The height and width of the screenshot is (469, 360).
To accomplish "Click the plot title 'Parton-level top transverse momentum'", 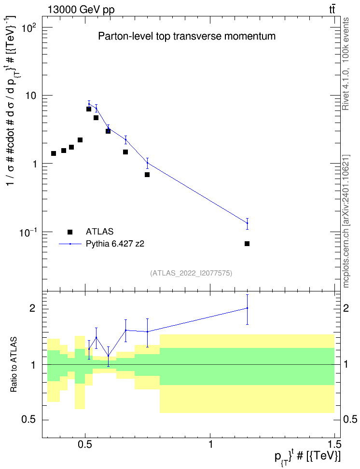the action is coord(187,37).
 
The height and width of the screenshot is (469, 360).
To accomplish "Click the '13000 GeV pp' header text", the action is coord(81,10).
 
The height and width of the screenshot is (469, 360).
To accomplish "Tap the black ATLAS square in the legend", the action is coord(70,232).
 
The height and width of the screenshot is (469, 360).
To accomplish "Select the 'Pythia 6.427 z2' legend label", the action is coord(115,244).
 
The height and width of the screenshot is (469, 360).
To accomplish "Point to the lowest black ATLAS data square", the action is coord(247,244).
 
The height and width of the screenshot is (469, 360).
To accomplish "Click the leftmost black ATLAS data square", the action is coord(54,153).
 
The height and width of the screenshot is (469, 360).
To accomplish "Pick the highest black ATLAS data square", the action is coord(89,109).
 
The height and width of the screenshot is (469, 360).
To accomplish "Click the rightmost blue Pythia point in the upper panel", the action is coord(247,223).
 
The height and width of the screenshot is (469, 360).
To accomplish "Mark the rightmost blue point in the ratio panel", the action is coord(247,308).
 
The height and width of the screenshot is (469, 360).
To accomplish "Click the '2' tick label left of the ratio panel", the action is coord(32,308).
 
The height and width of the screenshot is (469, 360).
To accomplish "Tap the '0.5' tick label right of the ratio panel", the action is coord(350,420).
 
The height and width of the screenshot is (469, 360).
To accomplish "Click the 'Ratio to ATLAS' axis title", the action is coord(14,365).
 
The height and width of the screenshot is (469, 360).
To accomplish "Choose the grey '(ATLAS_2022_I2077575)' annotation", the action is coord(191,273).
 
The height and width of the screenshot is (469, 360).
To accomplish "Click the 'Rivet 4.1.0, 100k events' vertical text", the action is coord(346,64).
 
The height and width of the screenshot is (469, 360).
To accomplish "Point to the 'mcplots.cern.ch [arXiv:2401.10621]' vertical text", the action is coord(346,221).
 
